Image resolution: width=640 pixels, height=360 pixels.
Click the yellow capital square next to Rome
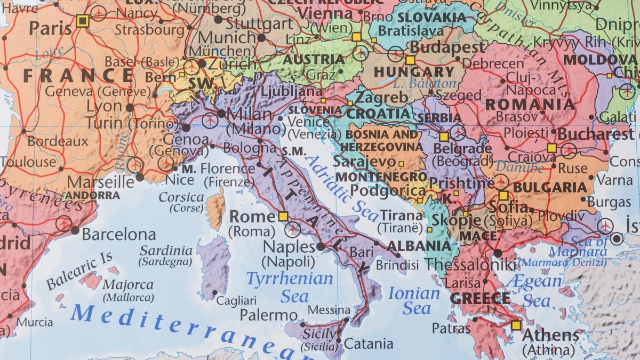click(283, 217)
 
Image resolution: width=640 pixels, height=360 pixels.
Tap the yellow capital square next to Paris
click(82, 21)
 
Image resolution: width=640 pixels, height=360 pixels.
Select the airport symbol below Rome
click(292, 229)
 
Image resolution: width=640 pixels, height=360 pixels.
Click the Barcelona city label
click(118, 235)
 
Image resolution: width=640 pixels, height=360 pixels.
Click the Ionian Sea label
click(414, 300)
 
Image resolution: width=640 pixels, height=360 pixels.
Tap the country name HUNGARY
click(414, 72)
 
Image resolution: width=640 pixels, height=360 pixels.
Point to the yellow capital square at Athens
click(515, 325)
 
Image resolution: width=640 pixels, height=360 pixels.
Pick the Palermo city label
click(268, 315)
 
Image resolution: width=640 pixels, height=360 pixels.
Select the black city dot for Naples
click(321, 246)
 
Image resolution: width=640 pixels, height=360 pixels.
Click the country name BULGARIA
click(549, 187)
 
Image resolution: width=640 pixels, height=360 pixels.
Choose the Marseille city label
click(101, 182)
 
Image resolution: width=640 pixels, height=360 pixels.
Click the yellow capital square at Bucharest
click(552, 148)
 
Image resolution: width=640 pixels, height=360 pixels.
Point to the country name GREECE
click(480, 298)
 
